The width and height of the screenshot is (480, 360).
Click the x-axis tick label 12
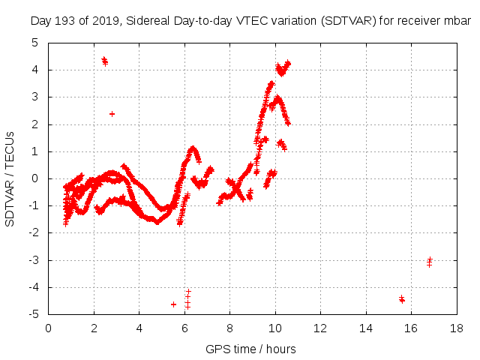[x=320, y=328]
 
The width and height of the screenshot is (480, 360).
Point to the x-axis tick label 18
[x=456, y=328]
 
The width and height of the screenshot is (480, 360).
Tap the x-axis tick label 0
[x=49, y=328]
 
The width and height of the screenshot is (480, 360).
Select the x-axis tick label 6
[x=184, y=328]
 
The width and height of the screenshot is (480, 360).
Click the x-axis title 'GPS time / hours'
[x=251, y=349]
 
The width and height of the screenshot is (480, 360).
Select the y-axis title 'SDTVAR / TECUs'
[x=10, y=178]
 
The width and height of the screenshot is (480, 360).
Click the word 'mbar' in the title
[x=455, y=21]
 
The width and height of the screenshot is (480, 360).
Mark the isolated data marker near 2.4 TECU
[x=112, y=114]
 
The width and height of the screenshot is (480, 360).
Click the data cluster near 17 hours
[x=429, y=262]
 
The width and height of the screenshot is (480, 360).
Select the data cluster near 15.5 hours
[x=402, y=299]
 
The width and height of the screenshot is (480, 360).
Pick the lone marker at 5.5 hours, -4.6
[x=173, y=304]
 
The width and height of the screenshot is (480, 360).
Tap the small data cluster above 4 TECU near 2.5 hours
[x=105, y=61]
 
